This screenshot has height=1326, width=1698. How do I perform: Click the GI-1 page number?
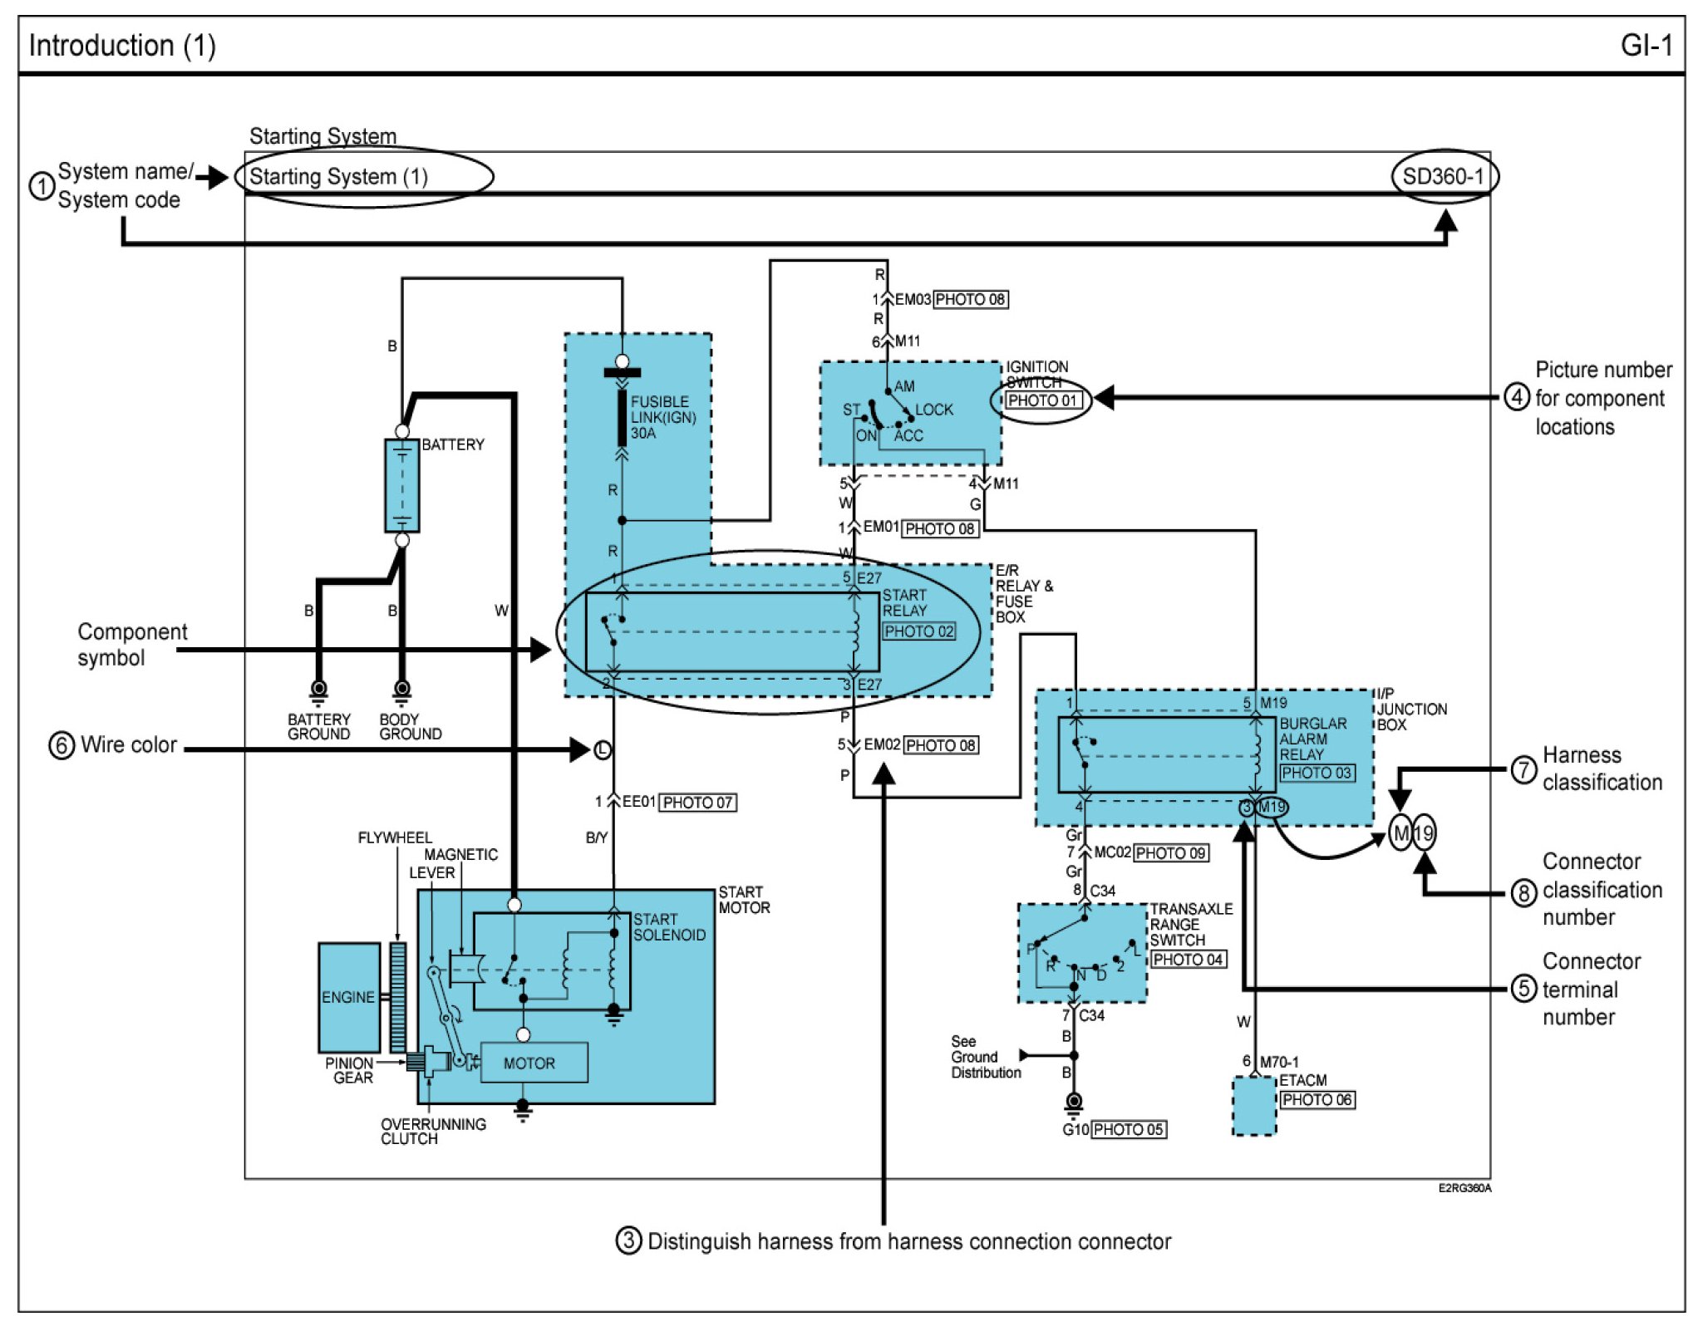pyautogui.click(x=1645, y=45)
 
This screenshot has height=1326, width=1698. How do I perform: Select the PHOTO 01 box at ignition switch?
pyautogui.click(x=1042, y=400)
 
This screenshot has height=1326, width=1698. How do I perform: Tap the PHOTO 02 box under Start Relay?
pyautogui.click(x=918, y=631)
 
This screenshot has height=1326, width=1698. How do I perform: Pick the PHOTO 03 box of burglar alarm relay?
pyautogui.click(x=1317, y=773)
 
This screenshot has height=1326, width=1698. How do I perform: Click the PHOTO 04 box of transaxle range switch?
pyautogui.click(x=1188, y=960)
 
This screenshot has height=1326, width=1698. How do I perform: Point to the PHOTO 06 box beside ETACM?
pyautogui.click(x=1317, y=1100)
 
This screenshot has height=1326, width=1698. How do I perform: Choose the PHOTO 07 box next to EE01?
pyautogui.click(x=697, y=803)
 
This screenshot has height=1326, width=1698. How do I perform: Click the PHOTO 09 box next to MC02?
pyautogui.click(x=1170, y=853)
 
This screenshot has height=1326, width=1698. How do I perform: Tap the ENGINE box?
pyautogui.click(x=349, y=997)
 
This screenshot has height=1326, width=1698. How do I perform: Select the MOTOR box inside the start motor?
pyautogui.click(x=530, y=1063)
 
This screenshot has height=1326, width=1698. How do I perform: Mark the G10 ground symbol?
pyautogui.click(x=1074, y=1103)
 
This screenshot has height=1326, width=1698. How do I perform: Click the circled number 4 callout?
pyautogui.click(x=1517, y=397)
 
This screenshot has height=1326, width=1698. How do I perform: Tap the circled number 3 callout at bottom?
pyautogui.click(x=628, y=1241)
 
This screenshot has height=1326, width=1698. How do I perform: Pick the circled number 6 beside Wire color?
pyautogui.click(x=62, y=745)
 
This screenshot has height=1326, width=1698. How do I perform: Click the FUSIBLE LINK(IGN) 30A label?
pyautogui.click(x=662, y=417)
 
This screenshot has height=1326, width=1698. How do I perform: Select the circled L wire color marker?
pyautogui.click(x=603, y=750)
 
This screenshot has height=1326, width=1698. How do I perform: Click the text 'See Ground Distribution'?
pyautogui.click(x=986, y=1057)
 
